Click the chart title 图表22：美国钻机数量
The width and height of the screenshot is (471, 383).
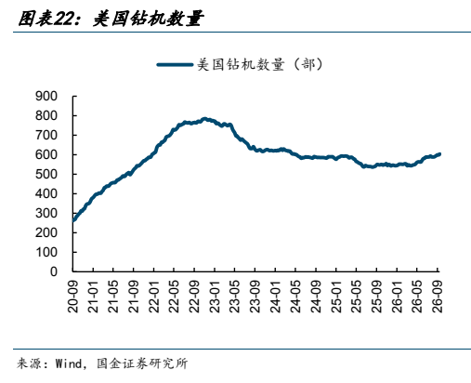click(x=111, y=19)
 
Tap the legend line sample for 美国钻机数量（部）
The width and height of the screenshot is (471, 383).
click(x=175, y=65)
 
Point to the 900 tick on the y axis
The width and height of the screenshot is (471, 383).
click(x=46, y=97)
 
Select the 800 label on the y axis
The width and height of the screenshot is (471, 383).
click(x=46, y=116)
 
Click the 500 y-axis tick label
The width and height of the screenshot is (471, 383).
click(x=46, y=174)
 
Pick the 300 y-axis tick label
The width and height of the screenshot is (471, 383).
click(x=46, y=213)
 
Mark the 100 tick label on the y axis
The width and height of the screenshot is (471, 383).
click(x=46, y=252)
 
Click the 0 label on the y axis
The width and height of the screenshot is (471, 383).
click(x=54, y=271)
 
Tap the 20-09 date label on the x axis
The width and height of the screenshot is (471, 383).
click(x=73, y=297)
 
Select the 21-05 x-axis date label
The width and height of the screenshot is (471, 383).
click(x=113, y=297)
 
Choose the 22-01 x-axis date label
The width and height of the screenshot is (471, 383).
click(x=154, y=297)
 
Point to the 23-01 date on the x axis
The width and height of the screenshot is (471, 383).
click(x=215, y=297)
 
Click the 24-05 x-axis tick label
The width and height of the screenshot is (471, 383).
click(x=295, y=297)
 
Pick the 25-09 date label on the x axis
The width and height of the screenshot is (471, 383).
click(x=376, y=297)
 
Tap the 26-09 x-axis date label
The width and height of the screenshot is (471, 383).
click(x=438, y=297)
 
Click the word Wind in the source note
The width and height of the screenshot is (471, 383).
click(x=69, y=363)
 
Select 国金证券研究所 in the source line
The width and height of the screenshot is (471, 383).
click(x=142, y=363)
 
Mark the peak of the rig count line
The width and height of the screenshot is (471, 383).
click(x=204, y=119)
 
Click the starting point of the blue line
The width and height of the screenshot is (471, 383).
click(x=73, y=220)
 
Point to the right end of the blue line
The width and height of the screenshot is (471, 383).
click(x=439, y=154)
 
